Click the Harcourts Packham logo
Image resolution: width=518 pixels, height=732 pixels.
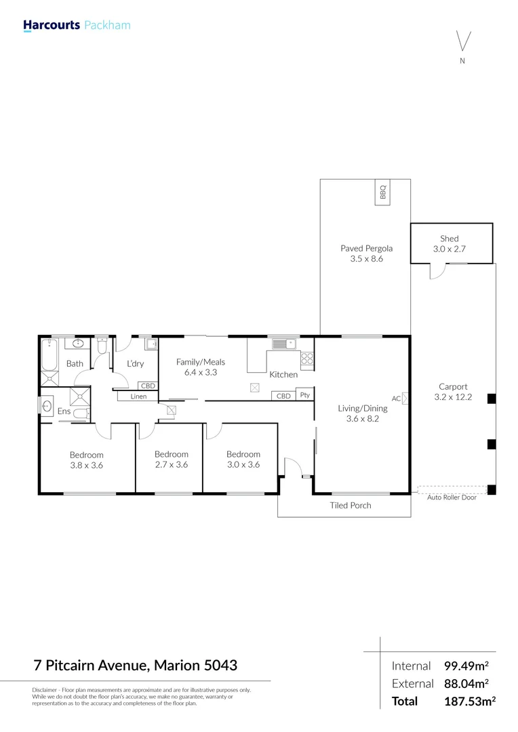pyautogui.click(x=76, y=26)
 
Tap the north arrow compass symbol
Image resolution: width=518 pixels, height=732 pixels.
pyautogui.click(x=462, y=42)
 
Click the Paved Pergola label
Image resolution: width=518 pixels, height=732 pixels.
pyautogui.click(x=366, y=253)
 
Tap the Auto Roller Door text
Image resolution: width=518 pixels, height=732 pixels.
pyautogui.click(x=451, y=497)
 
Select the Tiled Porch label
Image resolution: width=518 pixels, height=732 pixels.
pyautogui.click(x=351, y=505)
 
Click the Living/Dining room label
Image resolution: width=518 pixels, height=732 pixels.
pyautogui.click(x=363, y=413)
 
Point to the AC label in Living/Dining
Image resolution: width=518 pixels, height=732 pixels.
pyautogui.click(x=396, y=399)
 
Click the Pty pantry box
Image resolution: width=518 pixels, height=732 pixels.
pyautogui.click(x=304, y=395)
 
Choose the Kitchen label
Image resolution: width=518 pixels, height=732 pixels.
pyautogui.click(x=283, y=374)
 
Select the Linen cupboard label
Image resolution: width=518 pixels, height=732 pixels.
pyautogui.click(x=138, y=396)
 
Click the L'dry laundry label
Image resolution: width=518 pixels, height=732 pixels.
pyautogui.click(x=135, y=364)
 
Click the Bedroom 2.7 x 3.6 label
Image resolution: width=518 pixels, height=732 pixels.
pyautogui.click(x=171, y=460)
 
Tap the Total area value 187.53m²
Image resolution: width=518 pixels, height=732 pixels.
pyautogui.click(x=469, y=701)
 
